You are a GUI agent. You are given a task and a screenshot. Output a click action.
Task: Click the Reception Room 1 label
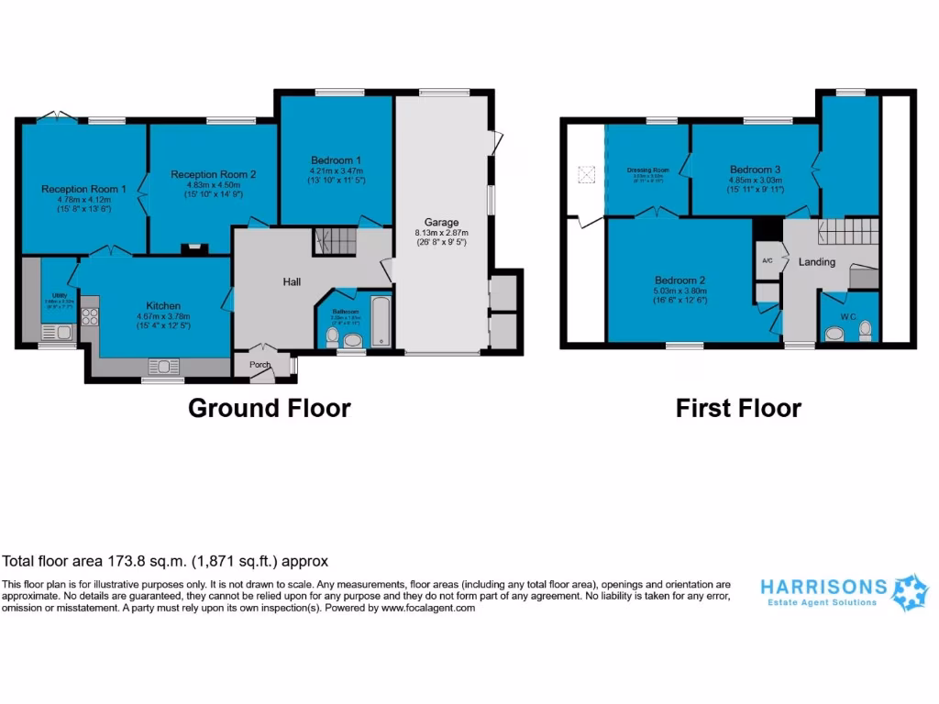[x=83, y=189]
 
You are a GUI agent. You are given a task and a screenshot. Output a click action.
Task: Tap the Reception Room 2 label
[x=213, y=174]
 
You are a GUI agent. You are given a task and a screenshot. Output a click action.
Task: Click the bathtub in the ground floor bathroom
[x=381, y=321]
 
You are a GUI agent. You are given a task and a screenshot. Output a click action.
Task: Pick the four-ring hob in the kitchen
[x=91, y=316]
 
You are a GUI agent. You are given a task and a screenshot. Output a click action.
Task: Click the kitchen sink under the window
[x=163, y=367]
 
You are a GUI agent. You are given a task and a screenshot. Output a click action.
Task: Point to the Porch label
[x=261, y=365]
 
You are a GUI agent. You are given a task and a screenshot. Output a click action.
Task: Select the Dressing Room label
[x=647, y=170]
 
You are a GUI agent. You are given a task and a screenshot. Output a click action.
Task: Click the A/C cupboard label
[x=767, y=260]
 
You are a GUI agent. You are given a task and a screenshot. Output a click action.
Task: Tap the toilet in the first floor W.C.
[x=864, y=333]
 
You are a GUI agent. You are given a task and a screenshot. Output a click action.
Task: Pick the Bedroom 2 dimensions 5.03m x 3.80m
[x=679, y=291]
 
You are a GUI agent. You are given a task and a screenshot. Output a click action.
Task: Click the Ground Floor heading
[x=269, y=408]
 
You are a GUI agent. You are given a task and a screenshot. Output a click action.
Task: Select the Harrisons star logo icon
[x=910, y=592]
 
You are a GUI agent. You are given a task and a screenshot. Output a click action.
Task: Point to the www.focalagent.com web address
[x=428, y=608]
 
